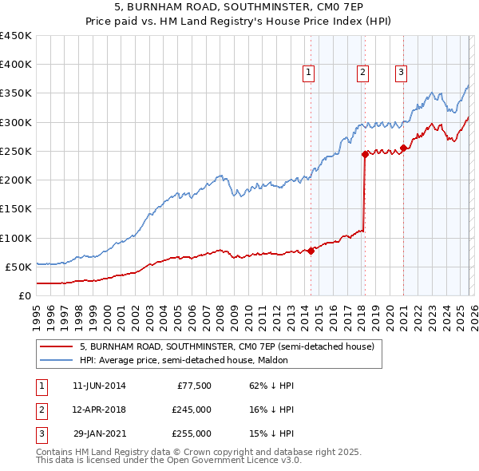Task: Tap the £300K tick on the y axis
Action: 16,122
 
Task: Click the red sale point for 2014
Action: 311,251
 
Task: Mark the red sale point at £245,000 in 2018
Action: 365,154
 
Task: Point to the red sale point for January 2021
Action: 404,148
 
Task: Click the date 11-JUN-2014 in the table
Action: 99,386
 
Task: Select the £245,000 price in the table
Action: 192,410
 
